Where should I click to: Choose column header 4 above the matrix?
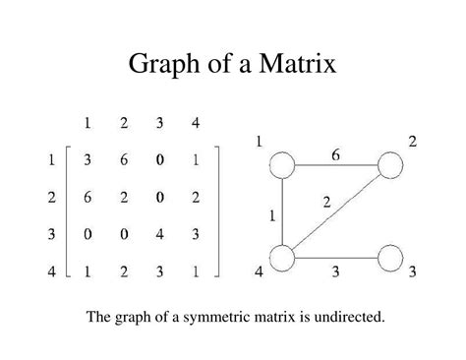197,124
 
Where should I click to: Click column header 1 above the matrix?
88,124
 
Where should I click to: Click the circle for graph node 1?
283,165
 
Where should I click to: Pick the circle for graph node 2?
389,165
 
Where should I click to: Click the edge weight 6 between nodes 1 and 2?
336,153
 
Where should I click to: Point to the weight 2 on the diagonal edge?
327,203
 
